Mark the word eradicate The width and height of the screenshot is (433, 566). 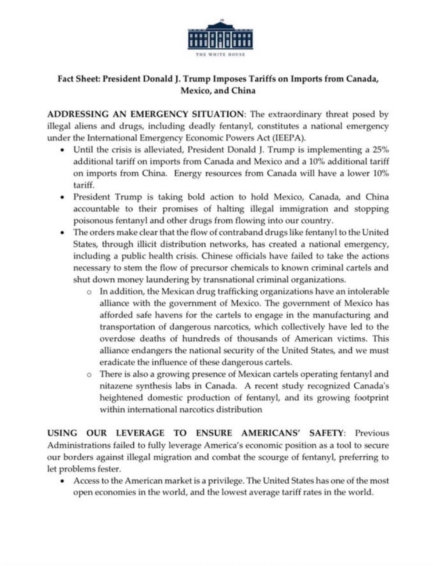(116, 362)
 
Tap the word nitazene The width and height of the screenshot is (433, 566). (116, 386)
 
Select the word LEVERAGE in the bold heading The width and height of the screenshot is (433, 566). (140, 433)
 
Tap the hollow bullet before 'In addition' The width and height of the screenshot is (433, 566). (89, 292)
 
